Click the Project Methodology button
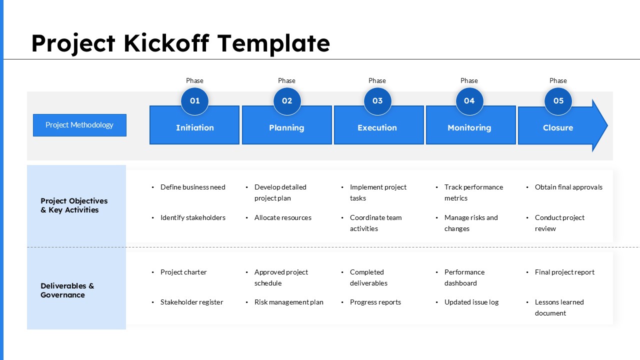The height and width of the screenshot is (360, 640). tap(79, 125)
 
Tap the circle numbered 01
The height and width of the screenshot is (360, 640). tap(194, 101)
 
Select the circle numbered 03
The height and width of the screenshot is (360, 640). tap(377, 101)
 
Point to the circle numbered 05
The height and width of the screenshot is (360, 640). tap(558, 101)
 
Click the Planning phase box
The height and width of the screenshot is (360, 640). tap(286, 128)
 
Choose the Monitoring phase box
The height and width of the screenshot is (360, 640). tap(469, 128)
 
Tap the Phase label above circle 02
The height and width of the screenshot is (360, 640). tap(286, 80)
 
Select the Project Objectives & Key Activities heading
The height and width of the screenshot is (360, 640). tap(74, 205)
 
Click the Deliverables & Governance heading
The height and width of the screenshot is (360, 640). tap(67, 290)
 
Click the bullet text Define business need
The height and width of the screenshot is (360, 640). tap(192, 187)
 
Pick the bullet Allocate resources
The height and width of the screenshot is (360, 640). tap(282, 217)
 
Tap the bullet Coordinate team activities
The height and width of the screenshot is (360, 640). tap(375, 223)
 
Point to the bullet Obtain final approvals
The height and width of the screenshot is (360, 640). tap(568, 187)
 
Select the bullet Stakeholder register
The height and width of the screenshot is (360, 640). tap(191, 302)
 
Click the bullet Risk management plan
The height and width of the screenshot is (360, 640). tap(288, 302)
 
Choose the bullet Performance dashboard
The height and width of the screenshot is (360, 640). tap(464, 277)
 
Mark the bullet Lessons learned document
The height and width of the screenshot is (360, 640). tap(559, 307)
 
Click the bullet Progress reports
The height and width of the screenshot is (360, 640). tap(375, 302)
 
